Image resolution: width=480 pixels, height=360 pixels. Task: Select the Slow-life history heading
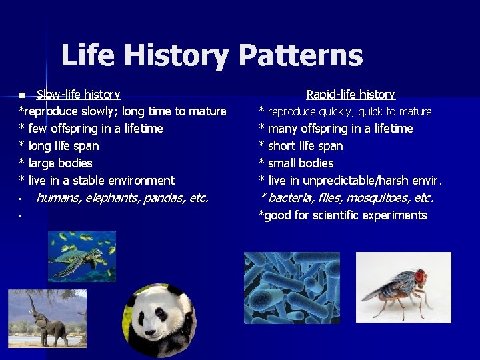(x=78, y=95)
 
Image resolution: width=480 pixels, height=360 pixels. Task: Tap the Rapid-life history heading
(x=351, y=95)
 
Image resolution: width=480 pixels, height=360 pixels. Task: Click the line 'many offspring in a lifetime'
(x=340, y=129)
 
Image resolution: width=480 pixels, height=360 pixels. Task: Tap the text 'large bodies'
(x=60, y=163)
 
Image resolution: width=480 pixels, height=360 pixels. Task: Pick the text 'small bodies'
(x=301, y=163)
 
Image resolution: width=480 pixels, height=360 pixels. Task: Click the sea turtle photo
(x=81, y=256)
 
